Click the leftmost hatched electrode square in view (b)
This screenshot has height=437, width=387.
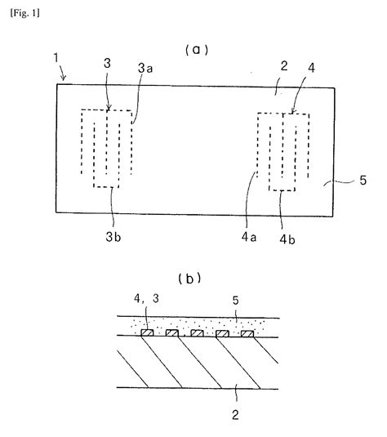coord(149,333)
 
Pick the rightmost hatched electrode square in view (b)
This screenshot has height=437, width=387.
coord(245,333)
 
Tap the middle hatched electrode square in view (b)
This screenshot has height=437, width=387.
coord(197,333)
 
